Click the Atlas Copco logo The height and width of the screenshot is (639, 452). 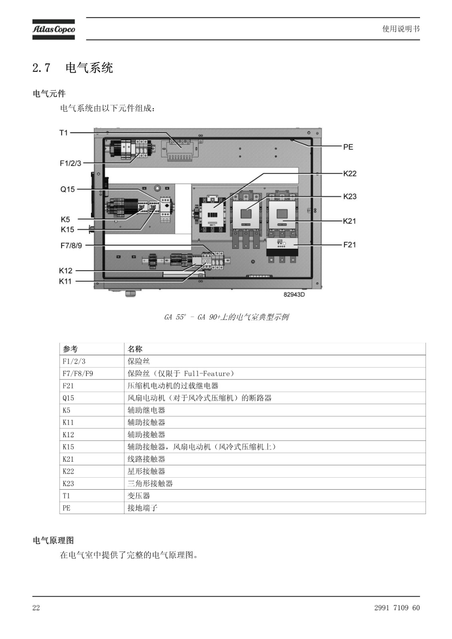pos(54,30)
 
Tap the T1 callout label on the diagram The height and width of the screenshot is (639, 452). pos(64,133)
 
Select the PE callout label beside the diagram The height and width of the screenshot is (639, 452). pos(348,147)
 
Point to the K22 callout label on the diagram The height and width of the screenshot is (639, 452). pos(350,173)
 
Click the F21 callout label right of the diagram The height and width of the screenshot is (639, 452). pos(350,244)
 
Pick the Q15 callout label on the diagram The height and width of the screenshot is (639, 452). pos(68,189)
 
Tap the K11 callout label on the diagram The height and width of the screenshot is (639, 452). pos(65,281)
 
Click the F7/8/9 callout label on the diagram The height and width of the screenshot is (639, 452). pos(71,245)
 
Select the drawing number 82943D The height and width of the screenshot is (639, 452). pos(294,294)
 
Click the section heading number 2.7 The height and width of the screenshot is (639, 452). pos(42,68)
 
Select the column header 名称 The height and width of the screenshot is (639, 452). pos(135,349)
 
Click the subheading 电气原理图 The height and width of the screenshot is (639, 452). pos(54,540)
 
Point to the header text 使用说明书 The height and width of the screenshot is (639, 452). pos(401,29)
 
